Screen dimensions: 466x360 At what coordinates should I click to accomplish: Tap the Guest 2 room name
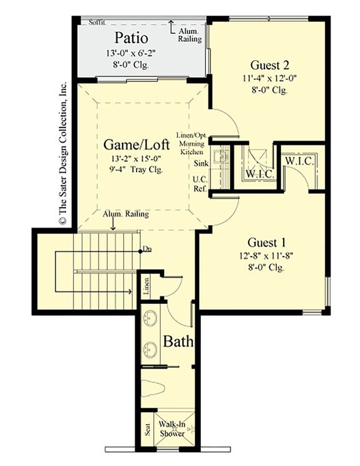(x=269, y=64)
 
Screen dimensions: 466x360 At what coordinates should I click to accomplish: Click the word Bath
(x=178, y=342)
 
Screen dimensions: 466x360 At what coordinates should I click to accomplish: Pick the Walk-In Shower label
(x=172, y=428)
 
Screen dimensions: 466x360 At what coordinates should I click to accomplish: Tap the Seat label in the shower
(x=147, y=431)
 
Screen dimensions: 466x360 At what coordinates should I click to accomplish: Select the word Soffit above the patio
(x=96, y=21)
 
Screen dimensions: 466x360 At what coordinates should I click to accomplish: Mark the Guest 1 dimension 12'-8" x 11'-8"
(x=267, y=256)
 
